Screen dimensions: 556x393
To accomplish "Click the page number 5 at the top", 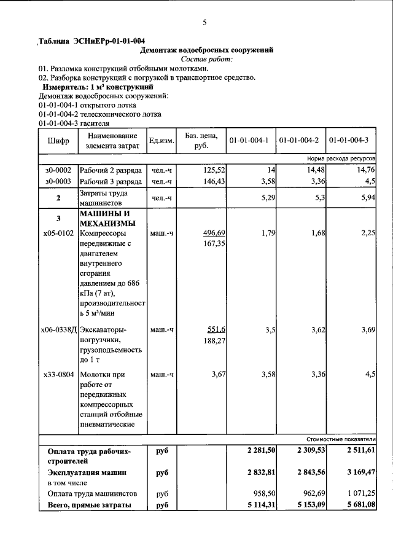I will coord(204,23).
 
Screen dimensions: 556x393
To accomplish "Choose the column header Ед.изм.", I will coord(162,141).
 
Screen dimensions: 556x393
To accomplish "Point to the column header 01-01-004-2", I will coord(298,141).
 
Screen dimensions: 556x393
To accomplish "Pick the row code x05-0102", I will coord(58,233).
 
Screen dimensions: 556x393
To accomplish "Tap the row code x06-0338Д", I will coord(60,330).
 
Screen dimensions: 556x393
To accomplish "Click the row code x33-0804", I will coord(59,374).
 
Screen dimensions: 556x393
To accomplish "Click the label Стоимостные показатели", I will coord(341,440).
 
